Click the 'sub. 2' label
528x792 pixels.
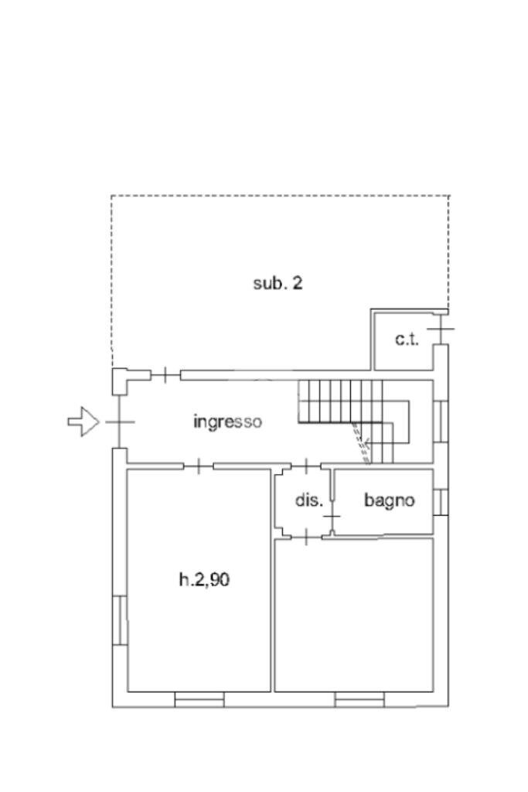(x=278, y=283)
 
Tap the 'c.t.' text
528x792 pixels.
(x=407, y=339)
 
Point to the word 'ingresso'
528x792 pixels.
(x=227, y=422)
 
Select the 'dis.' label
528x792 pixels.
(x=309, y=500)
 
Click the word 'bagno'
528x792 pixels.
(x=389, y=500)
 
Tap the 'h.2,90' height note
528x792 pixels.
(x=204, y=579)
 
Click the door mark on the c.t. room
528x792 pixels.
(x=440, y=329)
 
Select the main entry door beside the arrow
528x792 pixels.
(x=119, y=422)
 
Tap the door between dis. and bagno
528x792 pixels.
(x=332, y=515)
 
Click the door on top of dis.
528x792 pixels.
(x=306, y=466)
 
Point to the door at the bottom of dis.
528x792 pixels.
(x=306, y=535)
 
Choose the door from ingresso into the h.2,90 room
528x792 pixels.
(x=199, y=466)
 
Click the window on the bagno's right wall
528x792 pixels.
(x=441, y=502)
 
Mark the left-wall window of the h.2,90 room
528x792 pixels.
(x=120, y=620)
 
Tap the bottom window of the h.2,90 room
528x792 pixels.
(x=199, y=699)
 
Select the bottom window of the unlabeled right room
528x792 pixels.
(x=359, y=699)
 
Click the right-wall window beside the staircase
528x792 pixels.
(x=441, y=421)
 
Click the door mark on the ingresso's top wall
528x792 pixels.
(x=165, y=376)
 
